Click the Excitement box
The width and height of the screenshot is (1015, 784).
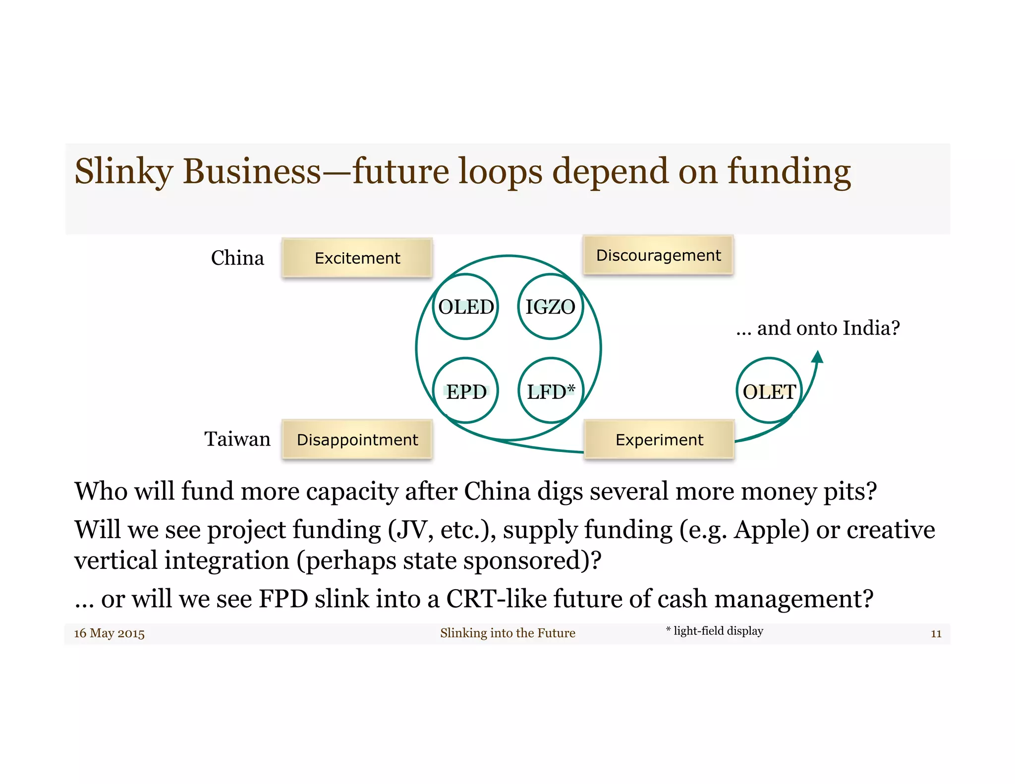pos(357,258)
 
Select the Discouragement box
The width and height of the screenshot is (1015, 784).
pos(658,255)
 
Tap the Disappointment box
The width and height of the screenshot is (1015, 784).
pos(357,440)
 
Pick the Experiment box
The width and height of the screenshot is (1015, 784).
pos(659,440)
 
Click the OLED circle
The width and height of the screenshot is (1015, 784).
pos(466,307)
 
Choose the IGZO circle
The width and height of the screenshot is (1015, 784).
pos(550,307)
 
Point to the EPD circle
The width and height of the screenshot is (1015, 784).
pos(466,391)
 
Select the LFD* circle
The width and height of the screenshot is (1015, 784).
pos(550,391)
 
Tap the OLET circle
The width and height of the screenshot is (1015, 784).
pos(769,391)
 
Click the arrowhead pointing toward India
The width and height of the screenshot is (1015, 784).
pos(818,357)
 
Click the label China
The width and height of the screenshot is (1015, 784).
pos(237,258)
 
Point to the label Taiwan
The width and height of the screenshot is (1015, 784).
pos(237,439)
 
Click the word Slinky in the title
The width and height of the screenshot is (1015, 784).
pos(123,171)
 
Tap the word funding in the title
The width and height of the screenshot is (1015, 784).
pos(789,171)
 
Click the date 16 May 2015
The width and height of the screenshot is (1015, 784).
pos(109,633)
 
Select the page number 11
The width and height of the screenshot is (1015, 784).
pos(936,633)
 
